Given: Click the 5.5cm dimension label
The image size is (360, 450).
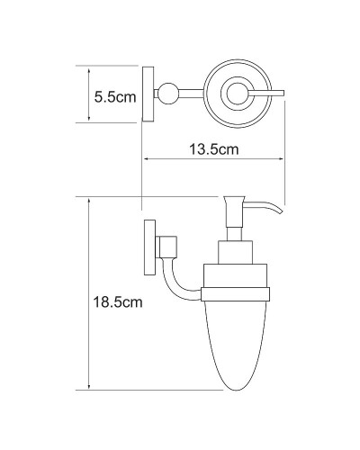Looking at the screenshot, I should (115, 95).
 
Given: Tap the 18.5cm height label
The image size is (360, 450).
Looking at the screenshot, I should (120, 304).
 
